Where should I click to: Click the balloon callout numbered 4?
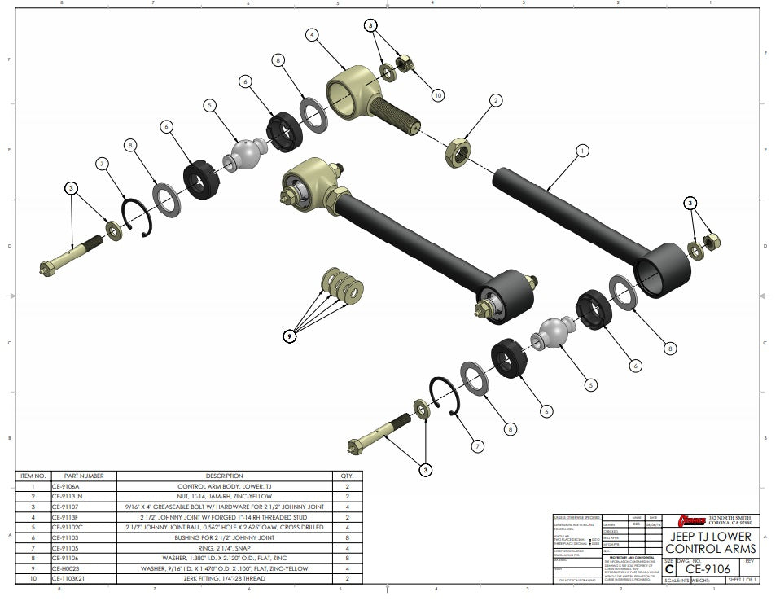click(x=312, y=34)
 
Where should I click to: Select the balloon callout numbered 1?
click(x=581, y=150)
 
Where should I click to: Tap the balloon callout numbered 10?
click(x=437, y=95)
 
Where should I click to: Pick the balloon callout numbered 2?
click(x=495, y=101)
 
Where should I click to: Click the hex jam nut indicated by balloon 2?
click(x=458, y=151)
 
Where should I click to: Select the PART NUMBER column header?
click(x=84, y=476)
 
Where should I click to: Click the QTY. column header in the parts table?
click(x=347, y=476)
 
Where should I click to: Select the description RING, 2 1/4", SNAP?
click(x=224, y=548)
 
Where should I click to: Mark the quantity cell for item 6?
click(x=347, y=537)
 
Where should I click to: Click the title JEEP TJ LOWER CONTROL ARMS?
click(x=711, y=542)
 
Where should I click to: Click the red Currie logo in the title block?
click(x=691, y=520)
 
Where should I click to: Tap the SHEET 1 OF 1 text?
click(x=742, y=580)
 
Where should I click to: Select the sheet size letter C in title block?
click(x=669, y=570)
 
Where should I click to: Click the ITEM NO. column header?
click(x=33, y=476)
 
